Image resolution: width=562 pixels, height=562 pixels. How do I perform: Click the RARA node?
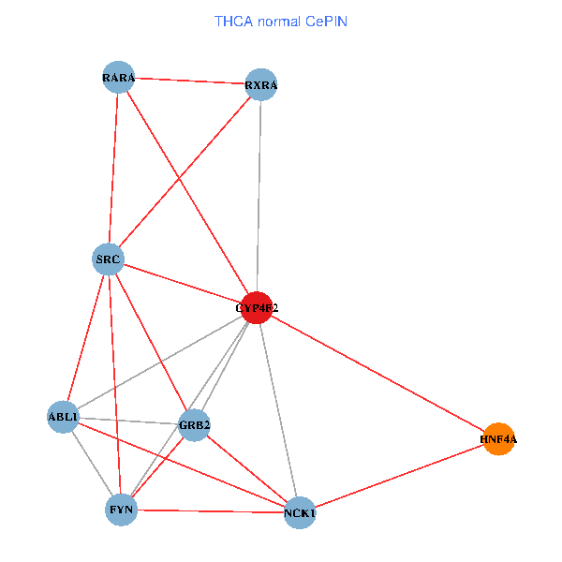click(x=118, y=78)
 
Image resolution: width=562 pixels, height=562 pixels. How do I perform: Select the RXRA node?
click(x=261, y=85)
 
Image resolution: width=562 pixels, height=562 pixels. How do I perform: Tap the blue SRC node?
click(x=109, y=259)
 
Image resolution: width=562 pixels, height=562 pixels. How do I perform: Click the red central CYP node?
click(x=257, y=307)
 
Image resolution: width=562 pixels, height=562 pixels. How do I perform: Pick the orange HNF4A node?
click(x=498, y=438)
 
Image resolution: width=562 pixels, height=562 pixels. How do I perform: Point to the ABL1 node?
click(x=63, y=417)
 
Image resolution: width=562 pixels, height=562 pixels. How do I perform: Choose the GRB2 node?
click(x=194, y=425)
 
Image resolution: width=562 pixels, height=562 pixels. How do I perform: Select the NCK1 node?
click(x=300, y=512)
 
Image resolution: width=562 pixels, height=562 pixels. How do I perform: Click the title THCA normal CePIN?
click(x=281, y=21)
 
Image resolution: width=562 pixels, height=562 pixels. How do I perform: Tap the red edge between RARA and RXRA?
click(x=189, y=81)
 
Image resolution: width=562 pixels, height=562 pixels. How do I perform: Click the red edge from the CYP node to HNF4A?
click(x=377, y=373)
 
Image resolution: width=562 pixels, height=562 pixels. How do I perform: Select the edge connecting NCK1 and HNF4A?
click(x=399, y=475)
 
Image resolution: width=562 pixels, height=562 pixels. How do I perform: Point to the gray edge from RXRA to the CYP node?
click(x=259, y=197)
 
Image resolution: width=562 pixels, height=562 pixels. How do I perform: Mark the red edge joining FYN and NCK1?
click(x=211, y=510)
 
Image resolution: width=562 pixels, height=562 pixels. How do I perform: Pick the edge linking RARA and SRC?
click(x=113, y=169)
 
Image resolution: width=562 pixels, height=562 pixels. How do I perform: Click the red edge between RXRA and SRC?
click(x=185, y=172)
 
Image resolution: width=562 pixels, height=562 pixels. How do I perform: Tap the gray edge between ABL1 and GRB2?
click(x=128, y=421)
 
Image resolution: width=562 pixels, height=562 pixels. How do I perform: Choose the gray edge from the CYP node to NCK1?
click(x=278, y=409)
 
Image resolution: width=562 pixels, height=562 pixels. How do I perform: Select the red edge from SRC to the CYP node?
click(x=183, y=283)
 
